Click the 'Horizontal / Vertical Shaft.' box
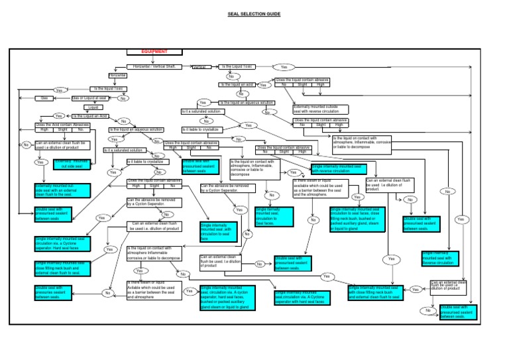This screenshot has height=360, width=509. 154,67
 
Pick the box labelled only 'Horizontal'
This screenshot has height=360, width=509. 117,76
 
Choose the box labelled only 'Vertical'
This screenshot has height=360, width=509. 199,67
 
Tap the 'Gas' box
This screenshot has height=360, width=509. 44,98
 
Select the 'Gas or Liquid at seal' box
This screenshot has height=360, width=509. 89,98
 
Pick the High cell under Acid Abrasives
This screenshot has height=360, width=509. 44,130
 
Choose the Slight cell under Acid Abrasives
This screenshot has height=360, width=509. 62,130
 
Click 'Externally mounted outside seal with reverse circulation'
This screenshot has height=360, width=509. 320,109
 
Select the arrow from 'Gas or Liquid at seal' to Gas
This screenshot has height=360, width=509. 61,98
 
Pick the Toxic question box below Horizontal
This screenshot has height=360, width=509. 109,88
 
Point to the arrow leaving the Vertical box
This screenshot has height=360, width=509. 213,67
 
